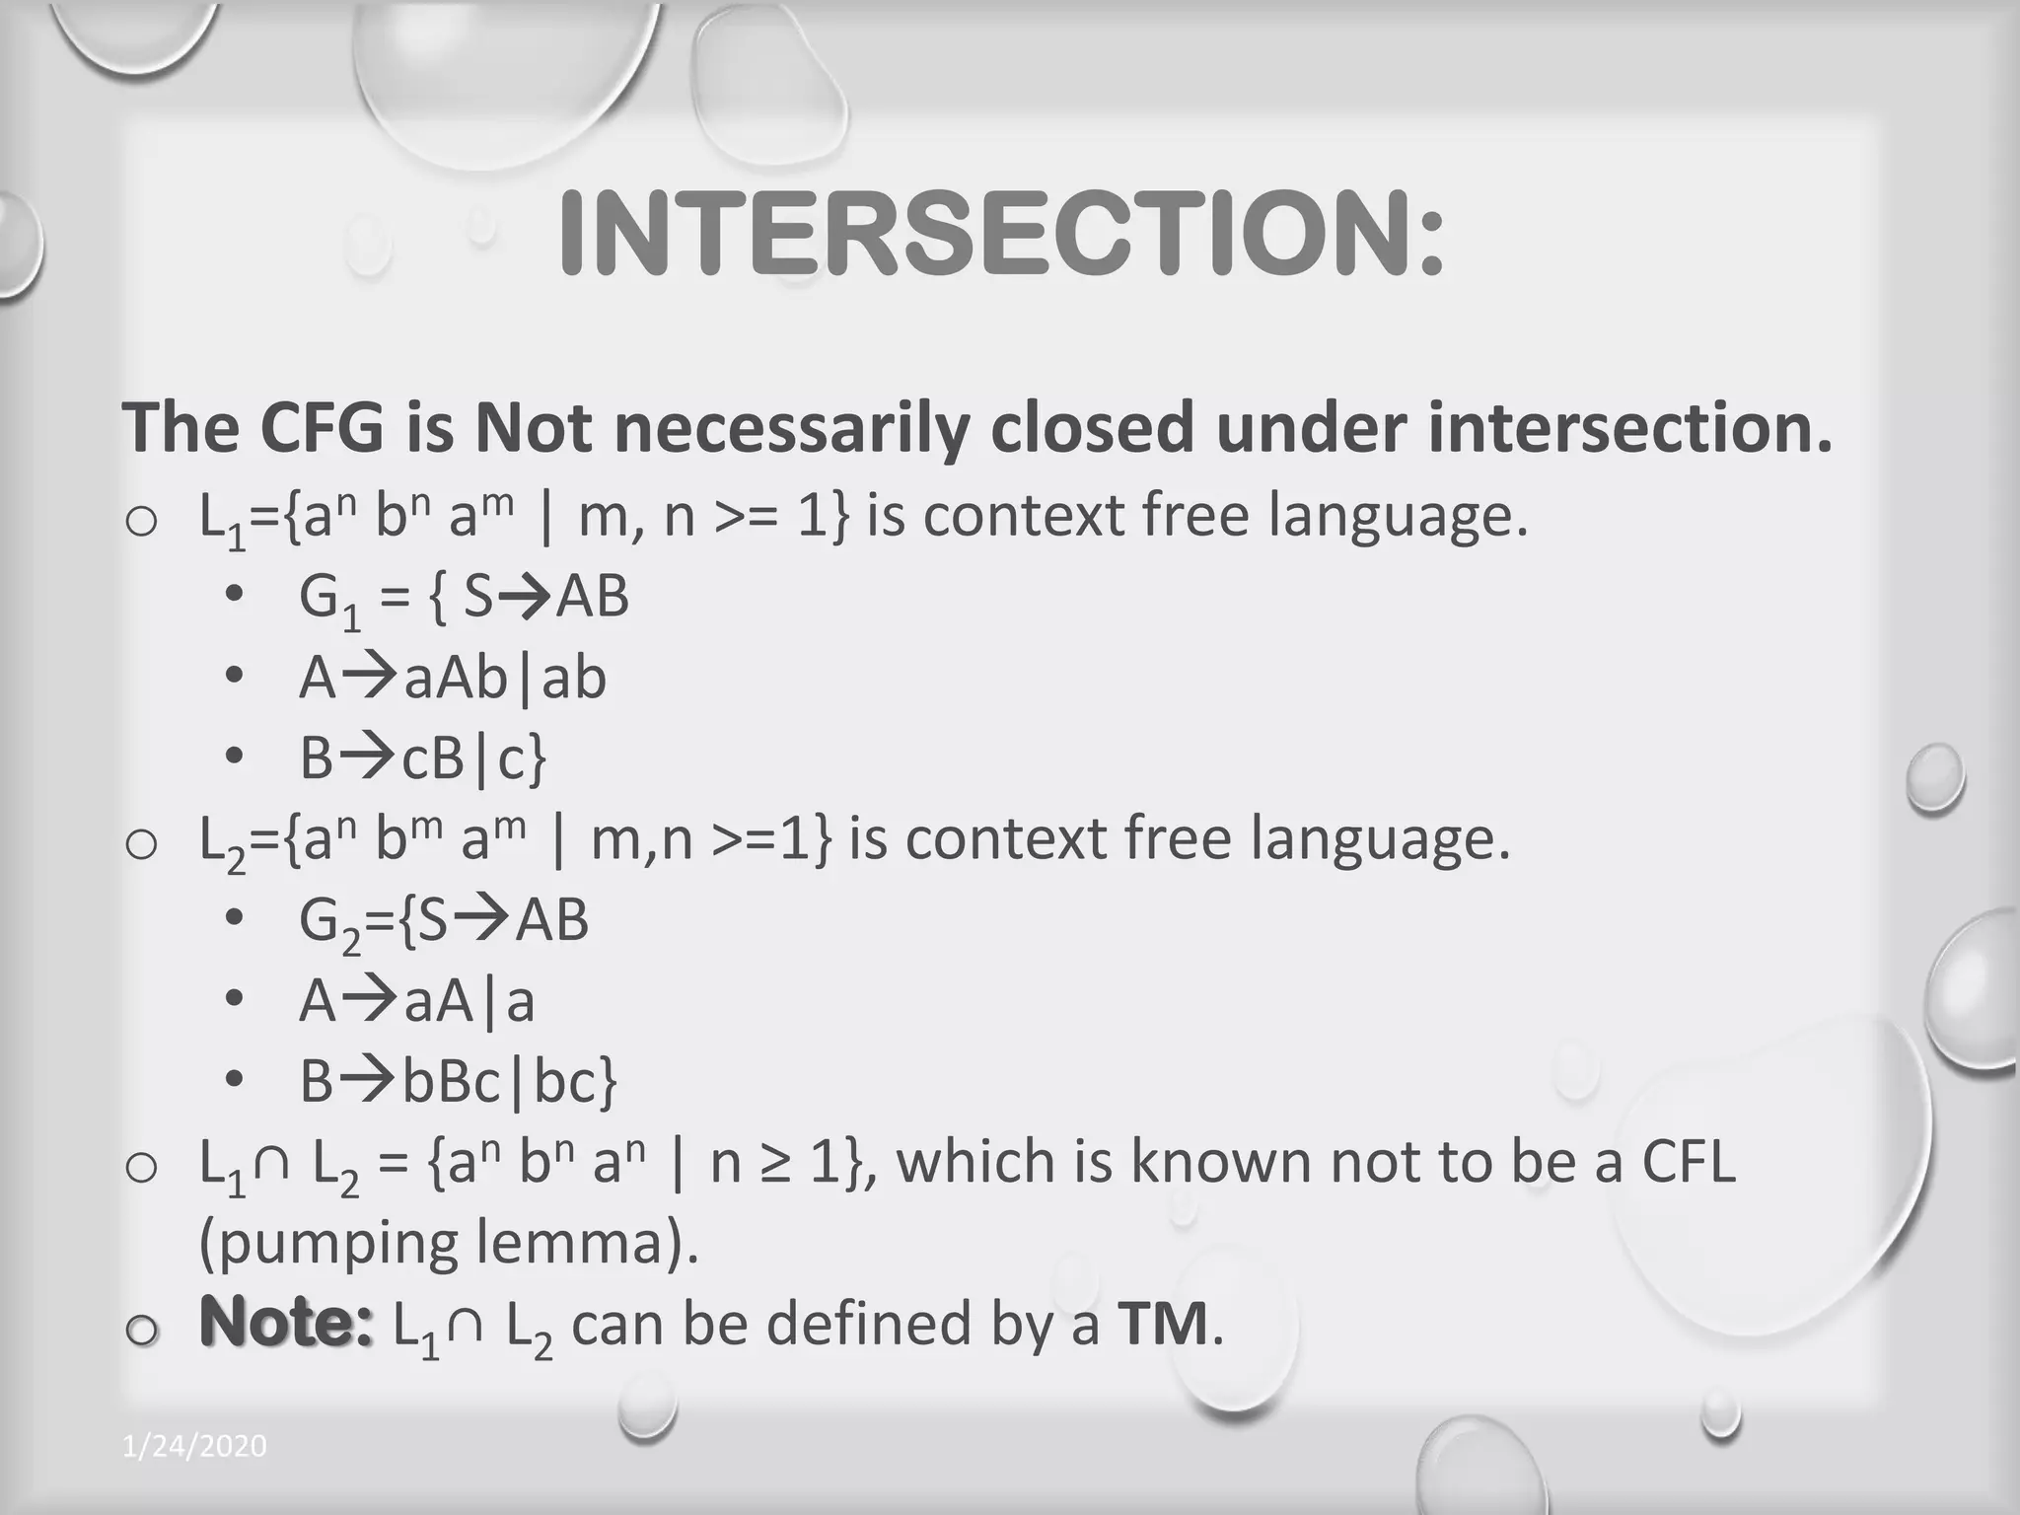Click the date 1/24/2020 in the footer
(x=194, y=1446)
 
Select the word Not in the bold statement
(x=533, y=427)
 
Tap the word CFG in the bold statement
(x=322, y=427)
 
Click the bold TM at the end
(x=1163, y=1323)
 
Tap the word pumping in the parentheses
(x=329, y=1244)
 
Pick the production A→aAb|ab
(x=453, y=679)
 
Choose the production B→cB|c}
(x=423, y=759)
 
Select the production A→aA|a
(x=417, y=1002)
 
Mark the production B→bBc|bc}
(x=459, y=1082)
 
